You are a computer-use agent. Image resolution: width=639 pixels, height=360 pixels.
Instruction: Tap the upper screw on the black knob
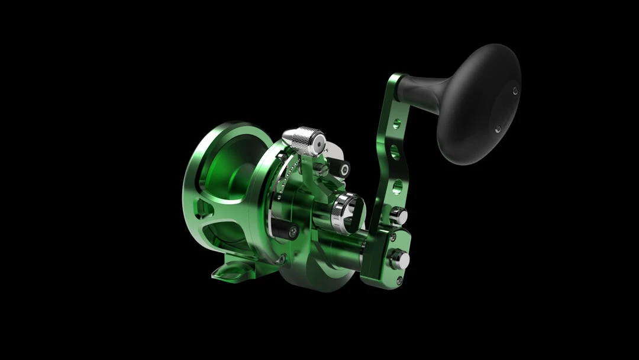tap(515, 91)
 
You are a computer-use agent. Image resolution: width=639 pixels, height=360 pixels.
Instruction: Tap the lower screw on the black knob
tap(498, 128)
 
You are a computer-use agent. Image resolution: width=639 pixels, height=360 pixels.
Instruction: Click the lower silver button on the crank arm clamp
tap(399, 259)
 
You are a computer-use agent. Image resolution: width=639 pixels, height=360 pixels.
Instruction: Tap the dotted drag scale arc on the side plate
tap(283, 178)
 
